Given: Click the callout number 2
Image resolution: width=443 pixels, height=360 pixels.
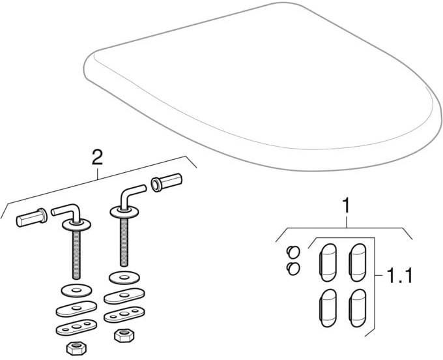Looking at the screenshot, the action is [97, 157].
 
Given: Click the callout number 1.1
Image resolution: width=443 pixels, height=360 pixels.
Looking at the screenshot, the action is [399, 275].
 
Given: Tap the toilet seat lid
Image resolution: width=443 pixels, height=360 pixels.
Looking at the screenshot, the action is [263, 85].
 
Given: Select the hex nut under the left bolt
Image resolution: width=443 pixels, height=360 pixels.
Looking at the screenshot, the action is [77, 348].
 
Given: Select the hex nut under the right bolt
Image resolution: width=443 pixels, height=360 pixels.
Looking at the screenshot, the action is [124, 335].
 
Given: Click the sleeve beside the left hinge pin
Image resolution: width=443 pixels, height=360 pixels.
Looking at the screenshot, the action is [32, 217].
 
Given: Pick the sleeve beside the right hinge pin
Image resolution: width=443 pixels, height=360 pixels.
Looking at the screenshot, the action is [167, 182].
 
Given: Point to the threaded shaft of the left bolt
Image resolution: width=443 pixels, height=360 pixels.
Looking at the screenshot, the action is [76, 254].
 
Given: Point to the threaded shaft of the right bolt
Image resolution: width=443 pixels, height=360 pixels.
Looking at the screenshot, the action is [124, 242].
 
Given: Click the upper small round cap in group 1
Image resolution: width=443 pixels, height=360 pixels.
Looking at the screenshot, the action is [293, 252].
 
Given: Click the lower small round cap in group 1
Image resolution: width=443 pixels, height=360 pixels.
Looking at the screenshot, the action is [293, 269].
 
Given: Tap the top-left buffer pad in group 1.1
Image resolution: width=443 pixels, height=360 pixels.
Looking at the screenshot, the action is [328, 262].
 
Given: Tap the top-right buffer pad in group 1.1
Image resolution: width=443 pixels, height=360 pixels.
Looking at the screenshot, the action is [358, 262].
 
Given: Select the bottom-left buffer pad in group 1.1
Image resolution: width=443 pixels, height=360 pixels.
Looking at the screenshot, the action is [328, 308].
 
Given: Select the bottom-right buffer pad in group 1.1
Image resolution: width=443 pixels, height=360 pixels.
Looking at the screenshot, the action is [358, 308].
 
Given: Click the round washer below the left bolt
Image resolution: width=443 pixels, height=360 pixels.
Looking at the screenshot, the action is [77, 291].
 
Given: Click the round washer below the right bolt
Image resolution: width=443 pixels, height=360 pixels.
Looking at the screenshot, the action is [124, 278].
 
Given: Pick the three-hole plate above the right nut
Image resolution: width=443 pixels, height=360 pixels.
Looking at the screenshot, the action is [124, 314].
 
